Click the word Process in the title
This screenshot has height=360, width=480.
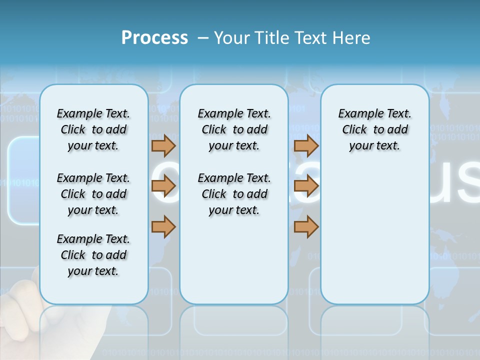[x=154, y=37]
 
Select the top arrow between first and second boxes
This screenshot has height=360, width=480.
[x=163, y=145]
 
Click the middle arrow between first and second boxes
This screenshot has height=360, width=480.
[x=163, y=186]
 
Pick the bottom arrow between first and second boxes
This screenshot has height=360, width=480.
[x=163, y=226]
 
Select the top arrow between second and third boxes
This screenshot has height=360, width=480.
[x=306, y=145]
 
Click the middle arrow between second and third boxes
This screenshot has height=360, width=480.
[x=306, y=186]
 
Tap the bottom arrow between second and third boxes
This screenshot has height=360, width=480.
[x=306, y=226]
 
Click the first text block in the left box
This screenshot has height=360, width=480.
[x=93, y=129]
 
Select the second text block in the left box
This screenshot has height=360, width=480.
[x=93, y=194]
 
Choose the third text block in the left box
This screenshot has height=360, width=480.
[x=93, y=255]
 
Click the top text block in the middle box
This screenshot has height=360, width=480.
[x=234, y=129]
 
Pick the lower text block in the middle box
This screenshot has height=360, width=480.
[x=234, y=194]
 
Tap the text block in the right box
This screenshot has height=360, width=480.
[x=374, y=129]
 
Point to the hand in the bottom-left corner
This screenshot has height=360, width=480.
[x=20, y=310]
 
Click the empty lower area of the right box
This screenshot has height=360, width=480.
[x=374, y=240]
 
